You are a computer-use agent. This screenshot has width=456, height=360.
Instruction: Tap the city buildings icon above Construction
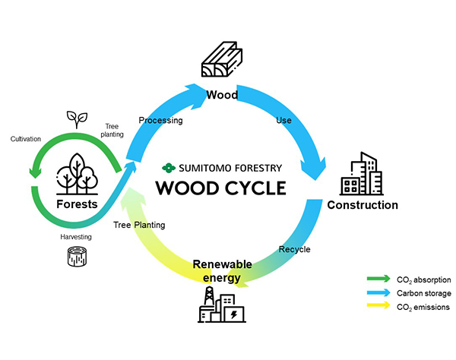(x=363, y=175)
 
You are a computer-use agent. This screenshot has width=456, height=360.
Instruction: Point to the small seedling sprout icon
(x=75, y=118)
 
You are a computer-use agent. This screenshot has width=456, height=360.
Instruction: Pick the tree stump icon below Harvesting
(x=76, y=258)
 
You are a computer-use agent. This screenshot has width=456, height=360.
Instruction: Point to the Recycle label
(x=294, y=248)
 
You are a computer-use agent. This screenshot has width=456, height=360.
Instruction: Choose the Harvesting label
(x=76, y=237)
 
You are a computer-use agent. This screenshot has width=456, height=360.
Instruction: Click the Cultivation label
(x=26, y=139)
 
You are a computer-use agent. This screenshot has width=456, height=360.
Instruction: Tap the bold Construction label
(x=363, y=205)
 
